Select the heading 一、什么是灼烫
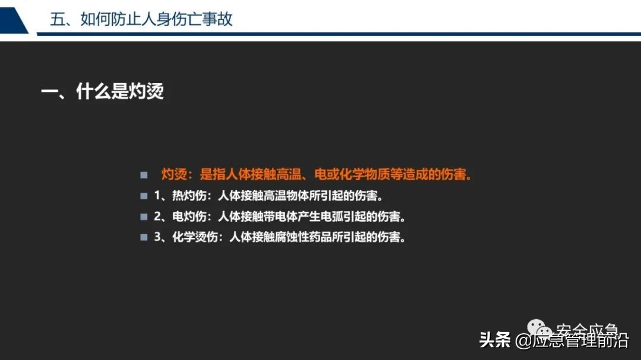tap(102, 92)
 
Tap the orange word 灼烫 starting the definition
tap(174, 175)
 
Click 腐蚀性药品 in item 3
tap(316, 237)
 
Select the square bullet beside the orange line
tap(144, 176)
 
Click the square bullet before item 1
tap(144, 196)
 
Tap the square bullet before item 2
tap(144, 216)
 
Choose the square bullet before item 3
tap(144, 237)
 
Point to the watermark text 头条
tap(494, 340)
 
